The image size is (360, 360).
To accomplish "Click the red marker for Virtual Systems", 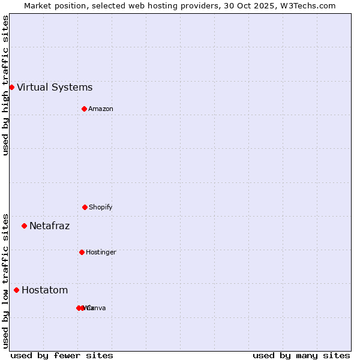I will coord(11,87).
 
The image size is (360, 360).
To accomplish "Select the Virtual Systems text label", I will coord(55,88).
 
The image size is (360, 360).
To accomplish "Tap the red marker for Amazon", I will coord(84,109).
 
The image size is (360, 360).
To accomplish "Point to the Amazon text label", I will coord(101,109).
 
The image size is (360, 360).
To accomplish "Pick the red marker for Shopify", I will coord(85,207).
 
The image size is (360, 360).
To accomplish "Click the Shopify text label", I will coord(101,207).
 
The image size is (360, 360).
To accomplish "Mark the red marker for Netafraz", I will coord(24,226).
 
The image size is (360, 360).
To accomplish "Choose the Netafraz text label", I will coord(49,226).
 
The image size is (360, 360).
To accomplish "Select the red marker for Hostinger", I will coord(82,252).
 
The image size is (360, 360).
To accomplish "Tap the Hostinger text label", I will coord(101,252).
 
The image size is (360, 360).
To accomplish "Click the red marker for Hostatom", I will coord(16,290).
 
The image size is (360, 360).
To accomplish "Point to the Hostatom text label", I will coord(44,290).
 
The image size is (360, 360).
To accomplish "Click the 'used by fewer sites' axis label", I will coord(62,355).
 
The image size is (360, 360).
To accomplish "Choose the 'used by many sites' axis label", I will coord(301,355).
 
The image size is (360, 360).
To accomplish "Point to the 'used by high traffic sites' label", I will coord(5,85).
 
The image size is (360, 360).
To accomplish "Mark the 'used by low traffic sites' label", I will coord(5,281).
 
